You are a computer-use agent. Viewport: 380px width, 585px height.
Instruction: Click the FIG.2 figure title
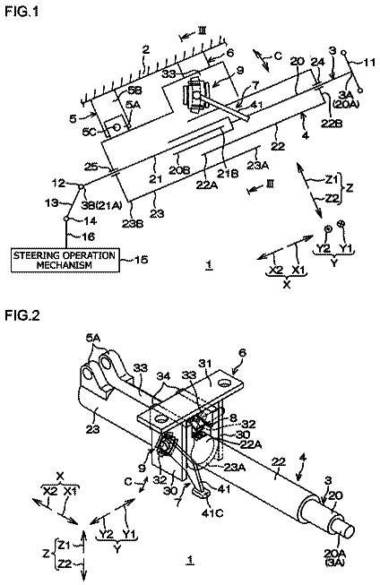[22, 315]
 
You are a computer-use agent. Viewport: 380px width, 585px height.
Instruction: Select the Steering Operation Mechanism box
[65, 260]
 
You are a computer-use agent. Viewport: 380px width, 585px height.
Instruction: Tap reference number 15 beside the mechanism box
[141, 259]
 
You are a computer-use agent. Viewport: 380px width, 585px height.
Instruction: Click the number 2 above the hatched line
[145, 49]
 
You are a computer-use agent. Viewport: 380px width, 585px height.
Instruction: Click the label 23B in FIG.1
[134, 225]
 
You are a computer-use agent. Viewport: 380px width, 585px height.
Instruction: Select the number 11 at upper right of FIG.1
[369, 62]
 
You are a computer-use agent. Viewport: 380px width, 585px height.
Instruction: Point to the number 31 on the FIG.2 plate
[205, 363]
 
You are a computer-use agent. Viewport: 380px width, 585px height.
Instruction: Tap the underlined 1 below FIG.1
[210, 264]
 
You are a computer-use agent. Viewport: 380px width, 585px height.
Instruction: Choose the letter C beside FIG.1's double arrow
[278, 56]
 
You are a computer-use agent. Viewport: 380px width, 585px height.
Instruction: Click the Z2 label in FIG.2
[65, 563]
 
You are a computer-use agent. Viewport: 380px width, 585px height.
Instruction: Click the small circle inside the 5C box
[117, 127]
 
